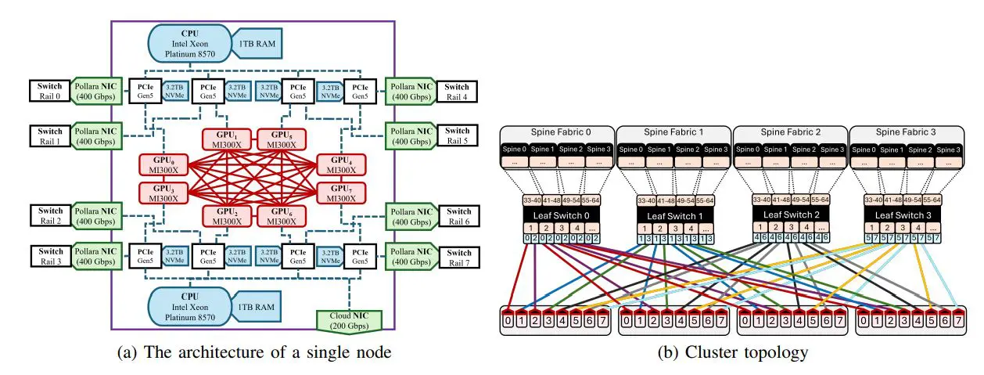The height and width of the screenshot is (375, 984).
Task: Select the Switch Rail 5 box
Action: pos(458,135)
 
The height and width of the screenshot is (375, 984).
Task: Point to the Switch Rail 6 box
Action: pos(458,216)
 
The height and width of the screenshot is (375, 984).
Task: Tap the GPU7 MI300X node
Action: pos(342,192)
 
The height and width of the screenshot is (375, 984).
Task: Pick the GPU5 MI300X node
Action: pos(281,140)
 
